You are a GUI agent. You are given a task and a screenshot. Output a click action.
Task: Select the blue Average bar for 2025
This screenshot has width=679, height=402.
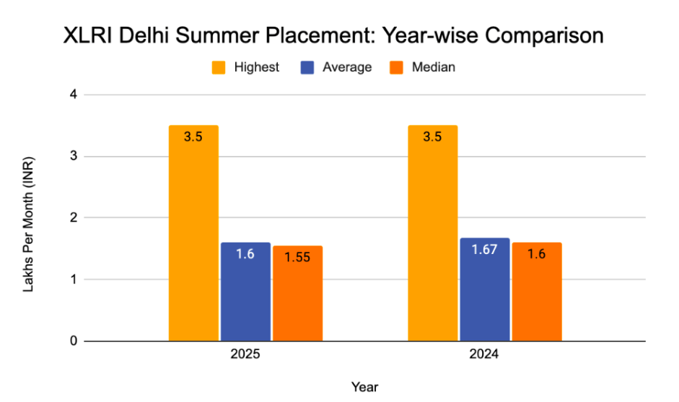(x=245, y=292)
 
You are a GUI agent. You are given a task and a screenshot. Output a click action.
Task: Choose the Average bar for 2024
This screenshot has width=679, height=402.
(x=484, y=289)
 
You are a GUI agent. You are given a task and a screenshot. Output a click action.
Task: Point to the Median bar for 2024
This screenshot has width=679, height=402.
(x=537, y=292)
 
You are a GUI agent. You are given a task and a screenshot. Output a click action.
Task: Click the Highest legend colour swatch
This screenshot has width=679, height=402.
(x=219, y=67)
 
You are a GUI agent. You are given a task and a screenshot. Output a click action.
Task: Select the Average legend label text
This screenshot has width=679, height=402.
(x=347, y=67)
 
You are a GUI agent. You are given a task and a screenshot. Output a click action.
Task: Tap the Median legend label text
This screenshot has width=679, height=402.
(x=433, y=67)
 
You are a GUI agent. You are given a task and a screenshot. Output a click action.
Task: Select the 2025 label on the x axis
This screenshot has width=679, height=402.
(x=245, y=356)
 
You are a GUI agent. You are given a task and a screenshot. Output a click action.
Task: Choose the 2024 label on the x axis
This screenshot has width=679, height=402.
(x=484, y=356)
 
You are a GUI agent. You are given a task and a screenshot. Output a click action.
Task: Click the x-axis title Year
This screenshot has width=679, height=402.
(x=364, y=387)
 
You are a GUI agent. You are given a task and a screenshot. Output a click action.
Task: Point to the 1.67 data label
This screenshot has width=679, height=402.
(x=484, y=249)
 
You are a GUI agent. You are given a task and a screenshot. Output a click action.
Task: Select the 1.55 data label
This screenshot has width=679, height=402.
(x=297, y=256)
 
